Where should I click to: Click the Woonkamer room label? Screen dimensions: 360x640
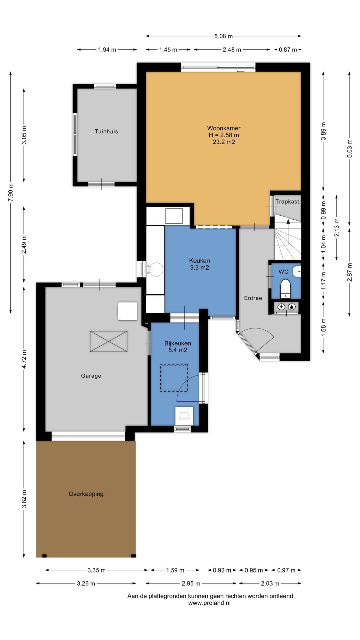pyautogui.click(x=223, y=128)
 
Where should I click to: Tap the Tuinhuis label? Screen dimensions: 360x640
pyautogui.click(x=106, y=132)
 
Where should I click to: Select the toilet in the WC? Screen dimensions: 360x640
pyautogui.click(x=285, y=288)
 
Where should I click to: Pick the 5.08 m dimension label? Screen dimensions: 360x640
pyautogui.click(x=223, y=36)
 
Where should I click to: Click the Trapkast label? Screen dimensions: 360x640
pyautogui.click(x=287, y=202)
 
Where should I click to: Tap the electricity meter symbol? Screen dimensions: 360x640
pyautogui.click(x=281, y=307)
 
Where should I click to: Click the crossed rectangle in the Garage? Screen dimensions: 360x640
pyautogui.click(x=109, y=341)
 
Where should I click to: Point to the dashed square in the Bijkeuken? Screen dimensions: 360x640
pyautogui.click(x=174, y=377)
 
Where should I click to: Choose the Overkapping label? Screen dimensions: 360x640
pyautogui.click(x=86, y=494)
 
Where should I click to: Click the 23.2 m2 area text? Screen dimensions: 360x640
pyautogui.click(x=223, y=142)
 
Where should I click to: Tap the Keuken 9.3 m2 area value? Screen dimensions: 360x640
pyautogui.click(x=199, y=267)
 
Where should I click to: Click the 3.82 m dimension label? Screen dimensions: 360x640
pyautogui.click(x=24, y=499)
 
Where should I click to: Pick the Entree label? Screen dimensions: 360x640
pyautogui.click(x=253, y=298)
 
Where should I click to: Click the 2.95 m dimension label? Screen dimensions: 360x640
pyautogui.click(x=191, y=583)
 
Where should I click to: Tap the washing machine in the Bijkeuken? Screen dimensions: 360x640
pyautogui.click(x=184, y=416)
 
